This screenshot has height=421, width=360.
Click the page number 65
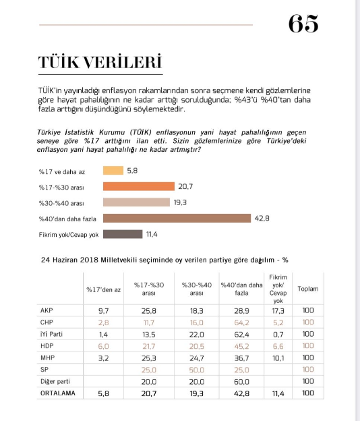303,24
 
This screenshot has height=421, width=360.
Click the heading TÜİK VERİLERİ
100,62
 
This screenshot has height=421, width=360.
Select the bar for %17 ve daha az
113,171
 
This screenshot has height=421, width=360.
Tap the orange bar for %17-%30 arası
139,187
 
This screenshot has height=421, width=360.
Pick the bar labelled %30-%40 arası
136,202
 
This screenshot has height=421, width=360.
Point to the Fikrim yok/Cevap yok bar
122,233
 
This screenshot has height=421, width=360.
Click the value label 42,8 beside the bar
263,218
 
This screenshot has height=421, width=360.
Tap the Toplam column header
308,289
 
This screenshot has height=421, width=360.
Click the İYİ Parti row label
53,333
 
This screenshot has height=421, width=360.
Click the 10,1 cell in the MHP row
278,357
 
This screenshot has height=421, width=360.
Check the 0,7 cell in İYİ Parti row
278,333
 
